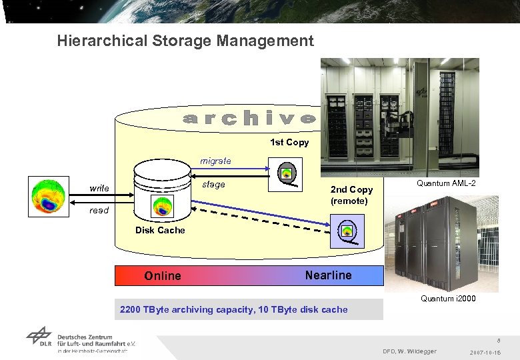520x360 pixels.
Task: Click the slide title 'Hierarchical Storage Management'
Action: click(185, 41)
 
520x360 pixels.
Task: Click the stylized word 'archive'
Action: click(249, 119)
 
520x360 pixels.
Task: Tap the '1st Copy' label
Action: click(289, 142)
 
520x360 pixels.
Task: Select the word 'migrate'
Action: click(216, 161)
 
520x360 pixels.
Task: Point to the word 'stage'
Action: click(213, 184)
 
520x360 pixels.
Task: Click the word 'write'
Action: click(99, 188)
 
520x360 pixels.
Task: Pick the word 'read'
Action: click(99, 210)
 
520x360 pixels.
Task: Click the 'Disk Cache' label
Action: click(160, 231)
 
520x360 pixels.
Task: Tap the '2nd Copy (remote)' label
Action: click(351, 195)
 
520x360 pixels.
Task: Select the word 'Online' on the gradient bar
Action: click(163, 276)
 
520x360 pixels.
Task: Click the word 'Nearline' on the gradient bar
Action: click(328, 275)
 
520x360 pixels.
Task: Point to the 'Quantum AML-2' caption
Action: click(446, 183)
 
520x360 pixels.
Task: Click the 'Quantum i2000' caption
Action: click(448, 299)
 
